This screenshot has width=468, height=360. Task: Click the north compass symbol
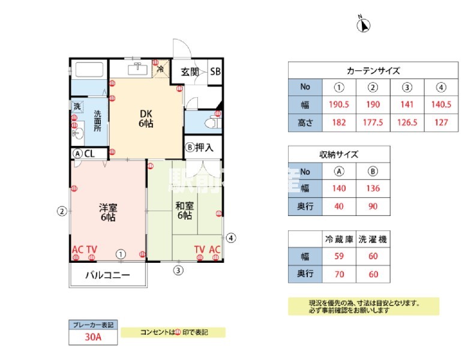pyautogui.click(x=364, y=25)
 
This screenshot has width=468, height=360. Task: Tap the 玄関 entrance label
pyautogui.click(x=190, y=71)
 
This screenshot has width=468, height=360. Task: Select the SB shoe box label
pyautogui.click(x=215, y=71)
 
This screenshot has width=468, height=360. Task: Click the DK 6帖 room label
pyautogui.click(x=146, y=119)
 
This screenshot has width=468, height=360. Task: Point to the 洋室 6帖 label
pyautogui.click(x=108, y=212)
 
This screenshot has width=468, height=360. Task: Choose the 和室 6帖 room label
pyautogui.click(x=184, y=211)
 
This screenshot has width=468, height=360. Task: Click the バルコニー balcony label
pyautogui.click(x=107, y=277)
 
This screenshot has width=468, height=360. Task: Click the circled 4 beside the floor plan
pyautogui.click(x=232, y=237)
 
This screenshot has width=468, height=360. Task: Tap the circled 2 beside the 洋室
pyautogui.click(x=61, y=211)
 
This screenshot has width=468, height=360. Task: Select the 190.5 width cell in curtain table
pyautogui.click(x=340, y=104)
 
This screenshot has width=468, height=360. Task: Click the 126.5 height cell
pyautogui.click(x=407, y=122)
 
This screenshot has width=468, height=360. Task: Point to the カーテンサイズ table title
pyautogui.click(x=373, y=70)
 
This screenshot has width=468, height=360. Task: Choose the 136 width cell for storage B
pyautogui.click(x=373, y=188)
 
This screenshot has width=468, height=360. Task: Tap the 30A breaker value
pyautogui.click(x=93, y=337)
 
